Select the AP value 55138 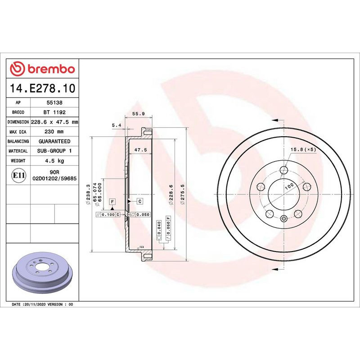tap(54, 103)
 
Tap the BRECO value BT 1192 tap(54, 112)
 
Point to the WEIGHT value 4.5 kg tap(54, 161)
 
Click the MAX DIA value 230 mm tap(54, 132)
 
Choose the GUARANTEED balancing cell tap(54, 141)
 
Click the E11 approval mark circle tap(19, 175)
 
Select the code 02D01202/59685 tap(54, 179)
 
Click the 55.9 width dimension tap(139, 114)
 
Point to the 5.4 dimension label tap(116, 125)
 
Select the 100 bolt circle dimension tap(288, 185)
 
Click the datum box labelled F tap(112, 201)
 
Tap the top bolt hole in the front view tap(283, 170)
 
